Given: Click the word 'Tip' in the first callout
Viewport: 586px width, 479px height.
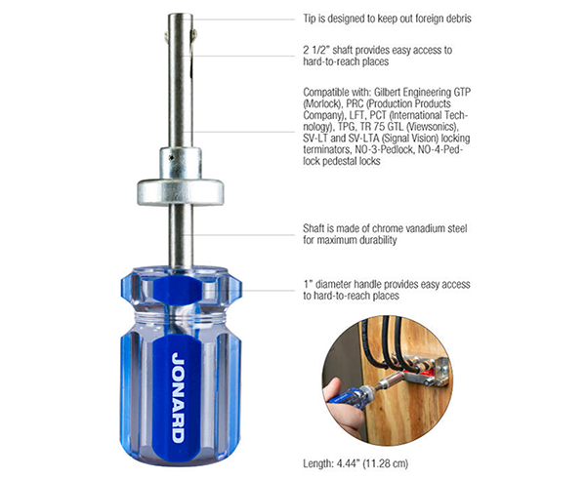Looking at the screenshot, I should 313,18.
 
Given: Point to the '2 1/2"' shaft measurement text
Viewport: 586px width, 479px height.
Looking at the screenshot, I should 320,49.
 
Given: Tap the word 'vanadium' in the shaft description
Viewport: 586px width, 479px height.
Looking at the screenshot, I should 414,232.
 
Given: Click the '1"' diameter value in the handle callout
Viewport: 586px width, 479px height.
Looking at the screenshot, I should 310,284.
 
